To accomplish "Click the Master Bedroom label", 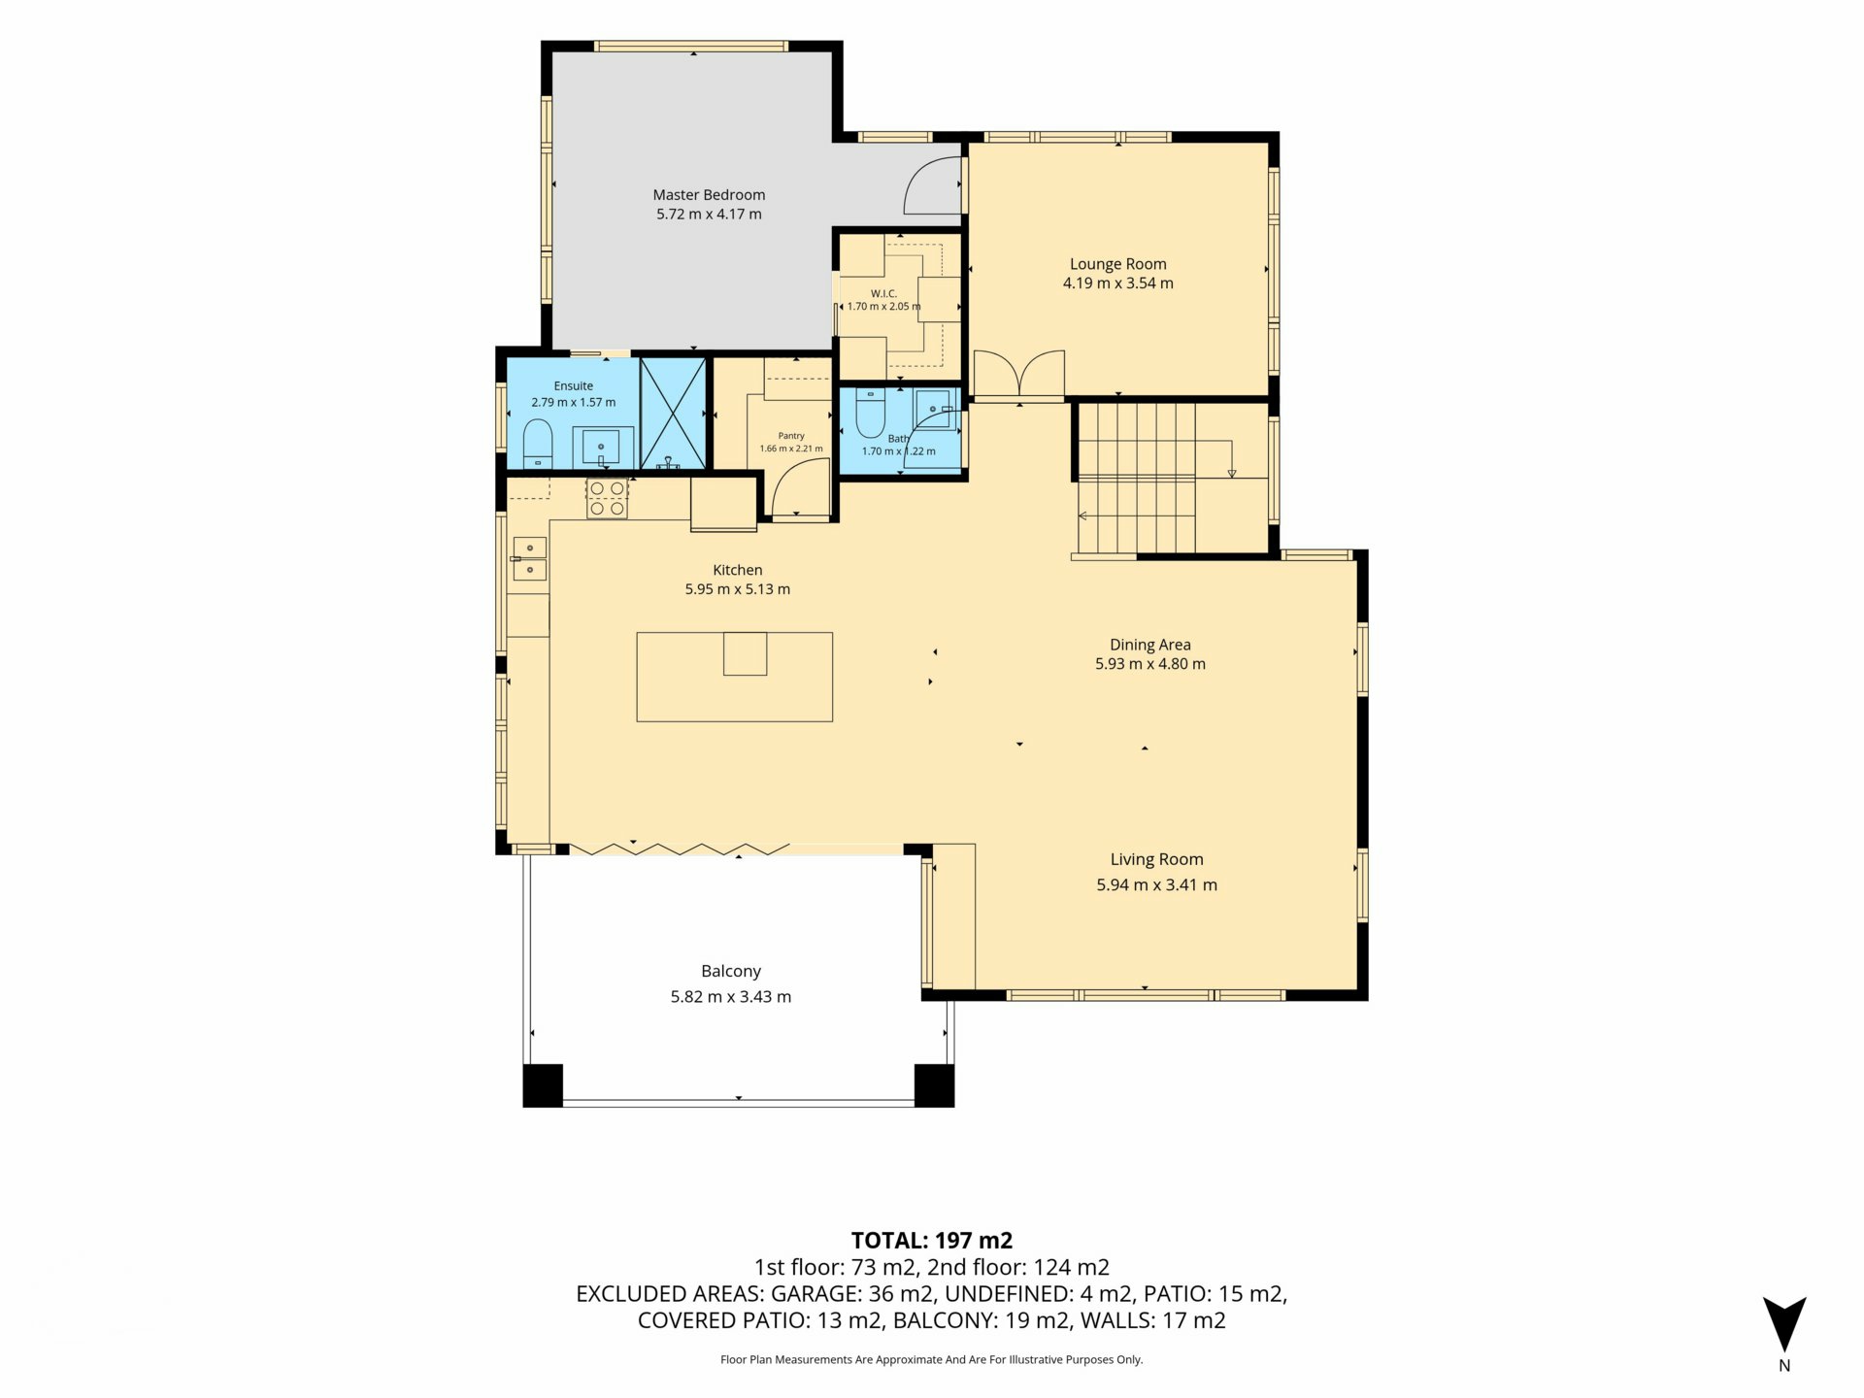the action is [x=709, y=195].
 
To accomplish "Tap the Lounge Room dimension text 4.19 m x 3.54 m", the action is [x=1118, y=283].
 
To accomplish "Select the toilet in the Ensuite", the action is [x=538, y=444].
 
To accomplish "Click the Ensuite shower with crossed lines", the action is [x=672, y=414].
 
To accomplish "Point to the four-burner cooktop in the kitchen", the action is [x=608, y=499].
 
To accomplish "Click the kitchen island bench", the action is [x=735, y=677].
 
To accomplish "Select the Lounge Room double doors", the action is [x=1019, y=375].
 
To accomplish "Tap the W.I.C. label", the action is [x=883, y=293].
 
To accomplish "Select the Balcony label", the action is [x=731, y=971].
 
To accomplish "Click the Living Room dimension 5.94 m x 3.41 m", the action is [x=1157, y=884].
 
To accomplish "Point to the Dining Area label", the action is [x=1150, y=645].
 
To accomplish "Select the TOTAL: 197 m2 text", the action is [x=932, y=1241].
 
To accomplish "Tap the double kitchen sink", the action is [x=529, y=558].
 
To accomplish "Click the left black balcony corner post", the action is [x=543, y=1086].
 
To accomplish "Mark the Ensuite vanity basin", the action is [x=603, y=447].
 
